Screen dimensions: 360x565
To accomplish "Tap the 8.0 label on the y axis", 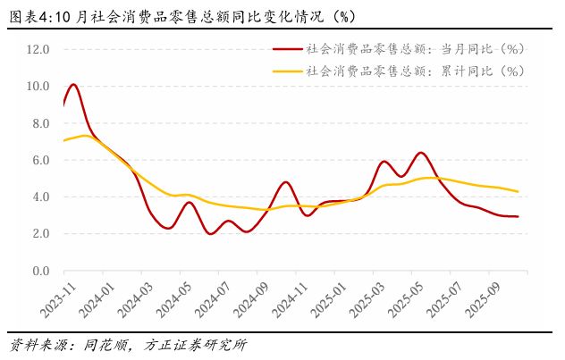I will [40, 123].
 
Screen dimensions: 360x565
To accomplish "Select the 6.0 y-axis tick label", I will [40, 160].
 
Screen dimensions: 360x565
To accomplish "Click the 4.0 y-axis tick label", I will [40, 197].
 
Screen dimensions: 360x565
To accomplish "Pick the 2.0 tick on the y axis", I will [40, 234].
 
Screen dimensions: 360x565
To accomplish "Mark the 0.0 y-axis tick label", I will [40, 271].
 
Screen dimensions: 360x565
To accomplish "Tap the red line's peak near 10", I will [73, 85].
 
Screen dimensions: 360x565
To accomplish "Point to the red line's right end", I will [518, 216].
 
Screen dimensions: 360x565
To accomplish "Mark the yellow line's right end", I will [518, 191].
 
